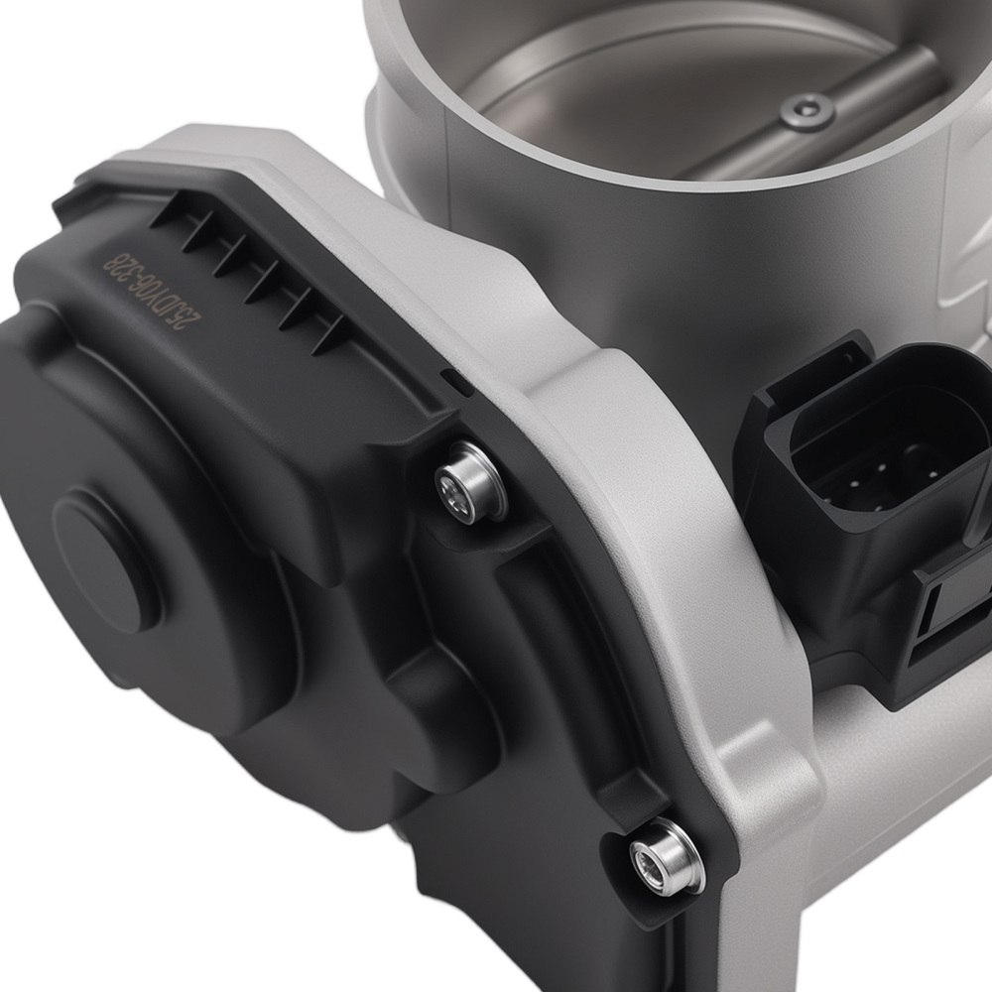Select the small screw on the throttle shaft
pyautogui.click(x=805, y=110)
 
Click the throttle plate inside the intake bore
pyautogui.click(x=635, y=89)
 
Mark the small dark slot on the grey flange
pyautogui.click(x=452, y=377)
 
